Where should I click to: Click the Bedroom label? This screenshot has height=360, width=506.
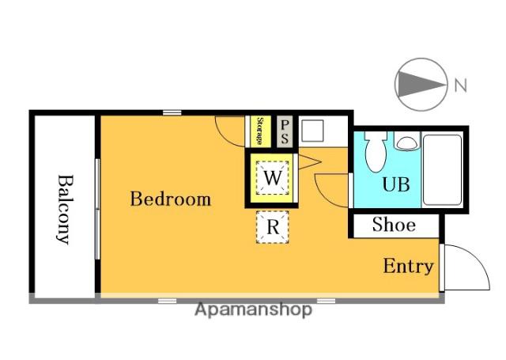tap(171, 199)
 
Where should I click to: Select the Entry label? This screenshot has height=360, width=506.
tap(408, 267)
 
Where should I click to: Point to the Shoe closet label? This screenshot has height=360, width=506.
tap(394, 225)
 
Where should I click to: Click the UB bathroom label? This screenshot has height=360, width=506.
tap(396, 184)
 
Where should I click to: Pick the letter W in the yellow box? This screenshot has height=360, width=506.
tap(273, 178)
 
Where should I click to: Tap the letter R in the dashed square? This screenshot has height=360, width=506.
tap(273, 227)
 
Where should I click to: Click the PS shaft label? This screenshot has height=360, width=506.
tap(285, 131)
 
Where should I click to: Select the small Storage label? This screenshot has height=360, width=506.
tap(259, 131)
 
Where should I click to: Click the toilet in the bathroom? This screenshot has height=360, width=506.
tap(376, 151)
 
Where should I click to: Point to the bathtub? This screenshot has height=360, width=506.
tap(442, 170)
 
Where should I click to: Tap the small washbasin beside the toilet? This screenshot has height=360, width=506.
tap(406, 142)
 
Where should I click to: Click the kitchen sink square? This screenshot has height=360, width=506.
tap(312, 131)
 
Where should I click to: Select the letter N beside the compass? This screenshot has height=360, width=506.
tap(460, 85)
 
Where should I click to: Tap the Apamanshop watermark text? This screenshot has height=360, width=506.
tap(254, 309)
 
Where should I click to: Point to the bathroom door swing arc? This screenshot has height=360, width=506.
tap(323, 194)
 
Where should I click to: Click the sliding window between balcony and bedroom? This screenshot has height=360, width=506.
tap(97, 209)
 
